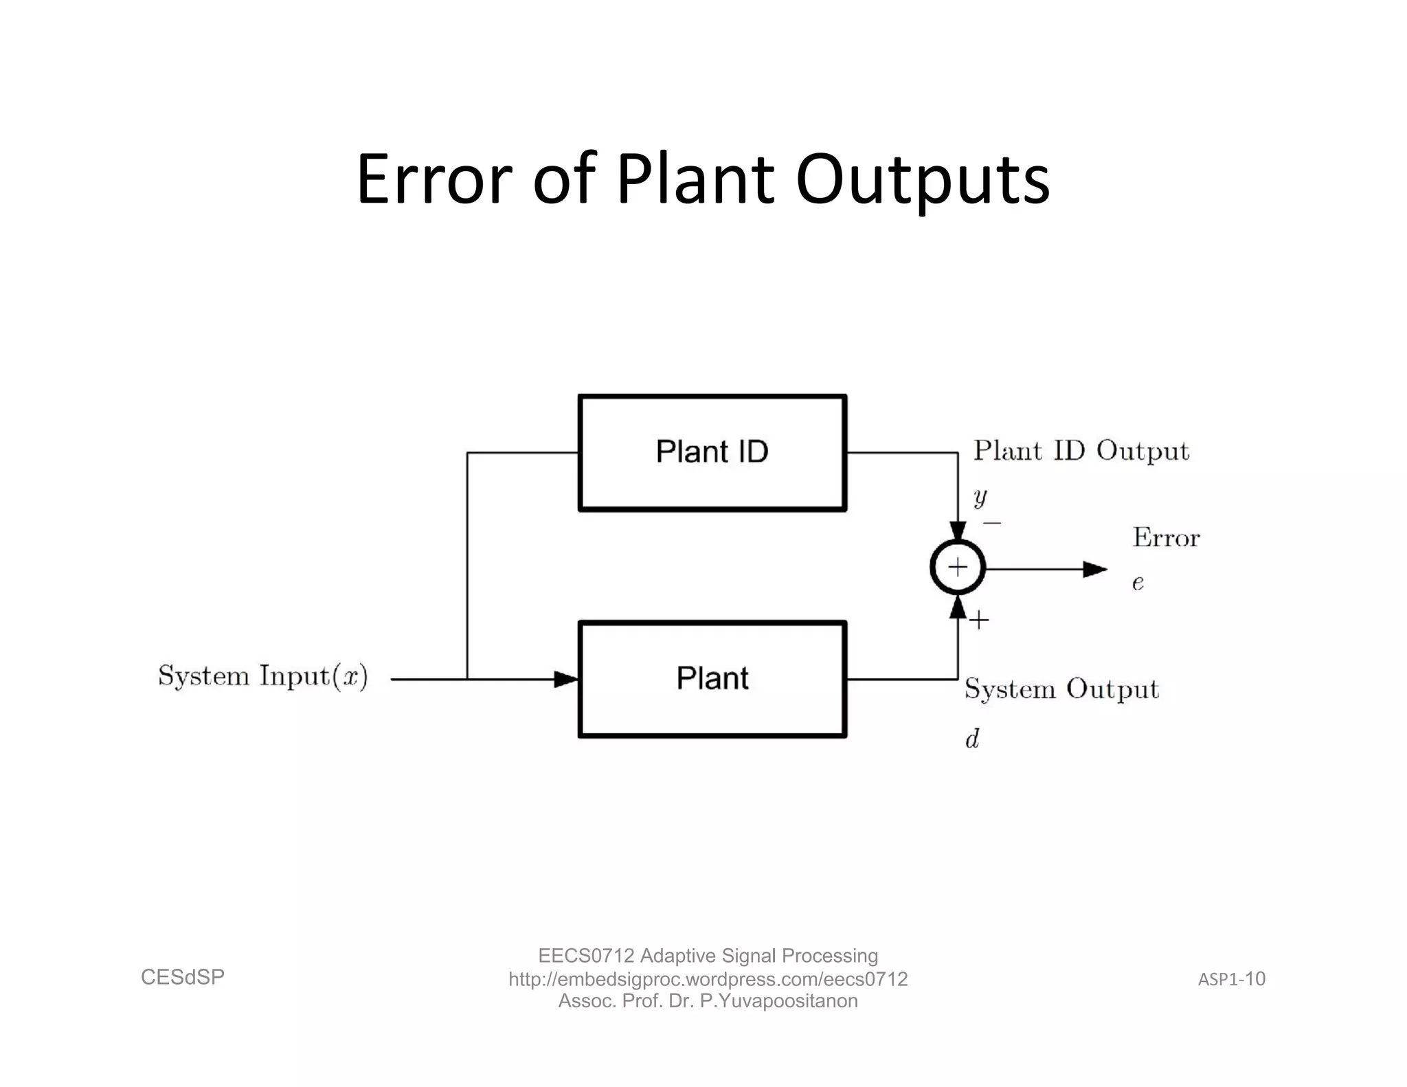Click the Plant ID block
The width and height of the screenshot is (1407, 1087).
(x=712, y=453)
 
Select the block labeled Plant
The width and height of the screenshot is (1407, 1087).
(x=712, y=679)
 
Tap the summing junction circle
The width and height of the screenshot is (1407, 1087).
(x=958, y=568)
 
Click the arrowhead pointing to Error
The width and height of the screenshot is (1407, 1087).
(x=1094, y=569)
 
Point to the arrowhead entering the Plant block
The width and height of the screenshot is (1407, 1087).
(x=566, y=679)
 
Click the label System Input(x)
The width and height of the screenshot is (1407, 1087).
(x=263, y=676)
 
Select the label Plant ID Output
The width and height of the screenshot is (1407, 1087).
(x=1081, y=451)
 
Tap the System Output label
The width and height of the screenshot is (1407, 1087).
(x=1061, y=688)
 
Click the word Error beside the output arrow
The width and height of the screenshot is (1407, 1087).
(x=1166, y=537)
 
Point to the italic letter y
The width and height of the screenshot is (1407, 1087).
(x=980, y=496)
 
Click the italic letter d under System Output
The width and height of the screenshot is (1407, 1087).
(x=972, y=739)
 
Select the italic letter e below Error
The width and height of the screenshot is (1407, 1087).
(x=1138, y=583)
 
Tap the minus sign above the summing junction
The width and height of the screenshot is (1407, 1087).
(x=991, y=524)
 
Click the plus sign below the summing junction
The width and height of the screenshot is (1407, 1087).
(x=979, y=620)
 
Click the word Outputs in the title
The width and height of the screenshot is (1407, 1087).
(x=922, y=180)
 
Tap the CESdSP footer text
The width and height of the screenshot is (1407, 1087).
(x=183, y=977)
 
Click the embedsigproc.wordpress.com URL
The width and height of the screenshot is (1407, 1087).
(x=708, y=978)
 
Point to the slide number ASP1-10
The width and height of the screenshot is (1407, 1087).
(x=1231, y=978)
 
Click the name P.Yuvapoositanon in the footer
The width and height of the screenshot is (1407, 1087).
(x=778, y=1000)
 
